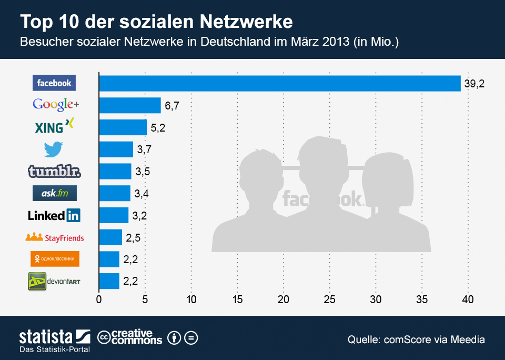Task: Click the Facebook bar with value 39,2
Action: pos(280,84)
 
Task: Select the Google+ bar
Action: pos(130,106)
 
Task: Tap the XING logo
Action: pos(54,126)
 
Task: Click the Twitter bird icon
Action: pos(53,149)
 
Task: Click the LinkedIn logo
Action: pos(54,215)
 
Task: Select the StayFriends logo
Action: pos(55,237)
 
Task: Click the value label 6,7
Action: pos(172,106)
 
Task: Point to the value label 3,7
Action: pos(145,150)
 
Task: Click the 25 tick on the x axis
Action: pos(329,300)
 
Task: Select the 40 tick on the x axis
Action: pos(468,300)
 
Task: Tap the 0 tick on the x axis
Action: pos(99,300)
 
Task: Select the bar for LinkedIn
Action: pos(114,215)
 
